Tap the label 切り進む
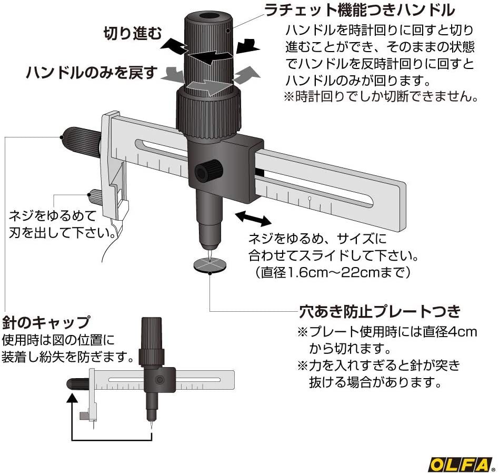point(133,33)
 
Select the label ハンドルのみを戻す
point(92,73)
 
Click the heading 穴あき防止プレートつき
point(380,312)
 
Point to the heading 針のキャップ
point(46,322)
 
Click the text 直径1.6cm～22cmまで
point(333,272)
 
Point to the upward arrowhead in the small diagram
point(73,399)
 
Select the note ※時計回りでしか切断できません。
point(381,96)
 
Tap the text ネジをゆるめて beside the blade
point(53,216)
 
